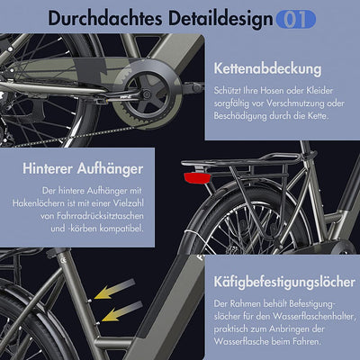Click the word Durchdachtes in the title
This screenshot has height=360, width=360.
click(x=97, y=17)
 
